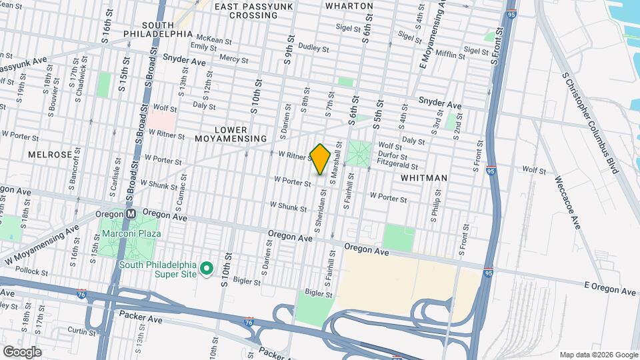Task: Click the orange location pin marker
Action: [321, 159]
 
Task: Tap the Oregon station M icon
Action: [131, 214]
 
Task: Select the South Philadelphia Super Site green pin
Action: [207, 269]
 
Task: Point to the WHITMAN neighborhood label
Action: [423, 178]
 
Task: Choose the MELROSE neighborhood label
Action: [49, 154]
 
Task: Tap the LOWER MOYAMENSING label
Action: [231, 134]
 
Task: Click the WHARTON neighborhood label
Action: [349, 5]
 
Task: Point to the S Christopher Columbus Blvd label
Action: [590, 123]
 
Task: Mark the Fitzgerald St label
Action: [397, 161]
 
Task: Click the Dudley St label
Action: [313, 49]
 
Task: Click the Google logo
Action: [22, 351]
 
